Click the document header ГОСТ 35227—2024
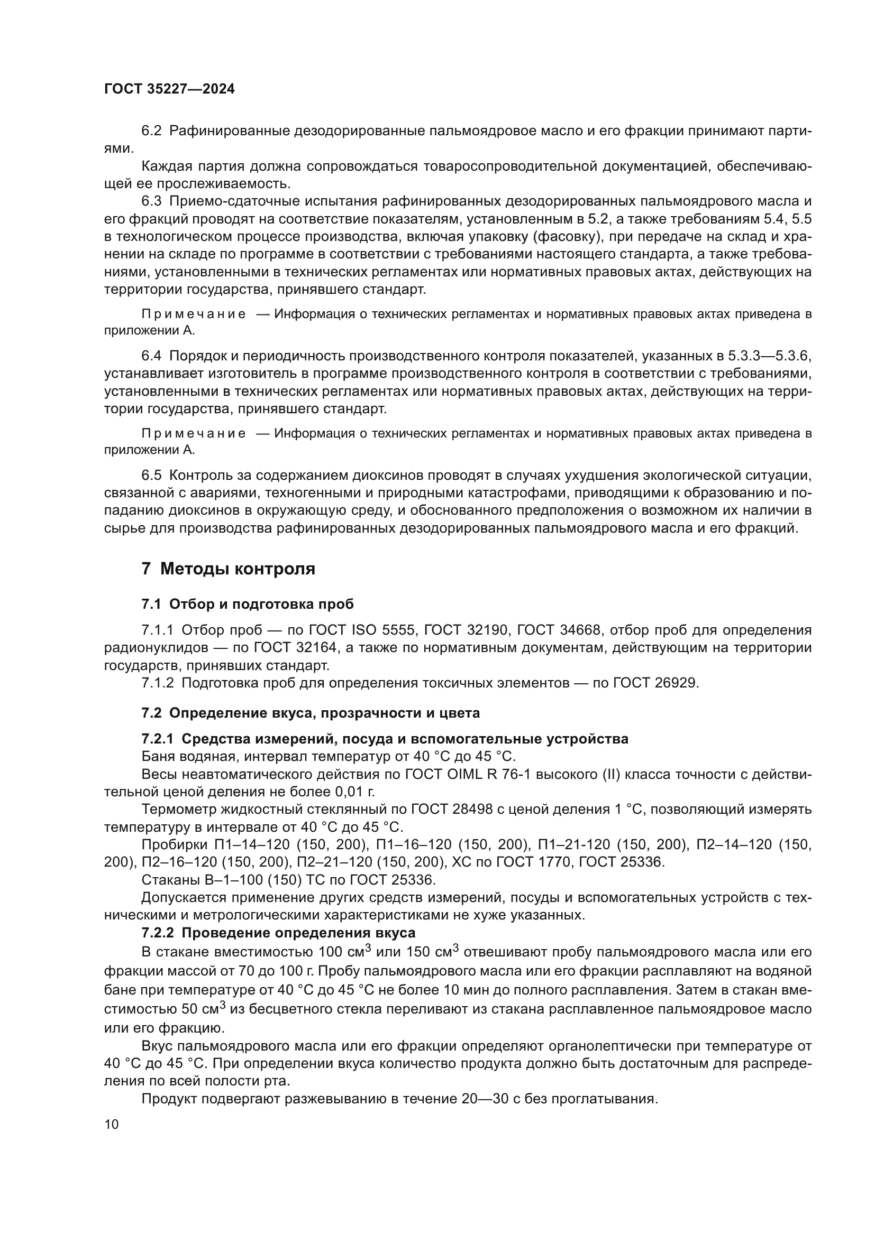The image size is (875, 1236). pos(169,89)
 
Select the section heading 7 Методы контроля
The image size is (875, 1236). pos(228,569)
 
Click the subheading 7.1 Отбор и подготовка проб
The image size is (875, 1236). pos(247,604)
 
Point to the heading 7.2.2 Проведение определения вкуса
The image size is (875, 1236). pos(278,933)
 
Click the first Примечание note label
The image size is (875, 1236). pos(194,314)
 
